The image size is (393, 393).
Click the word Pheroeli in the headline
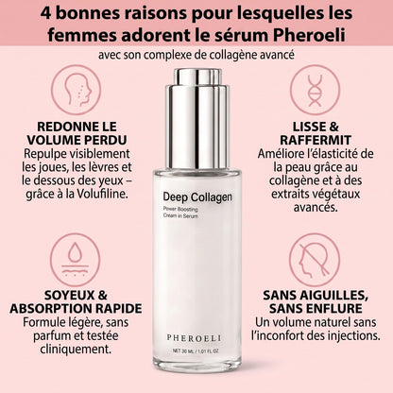(x=309, y=35)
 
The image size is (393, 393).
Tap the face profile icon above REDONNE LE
(x=77, y=90)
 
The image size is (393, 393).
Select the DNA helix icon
(x=315, y=90)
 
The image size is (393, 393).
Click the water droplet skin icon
(x=76, y=260)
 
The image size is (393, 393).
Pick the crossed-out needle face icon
(x=315, y=260)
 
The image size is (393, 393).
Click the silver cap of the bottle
(x=196, y=118)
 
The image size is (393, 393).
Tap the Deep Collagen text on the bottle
(x=197, y=197)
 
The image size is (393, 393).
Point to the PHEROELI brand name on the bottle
(x=194, y=338)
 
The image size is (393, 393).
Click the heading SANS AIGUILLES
(x=316, y=296)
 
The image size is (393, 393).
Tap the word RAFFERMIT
(x=316, y=140)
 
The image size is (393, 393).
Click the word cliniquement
(x=76, y=350)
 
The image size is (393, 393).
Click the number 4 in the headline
(x=45, y=13)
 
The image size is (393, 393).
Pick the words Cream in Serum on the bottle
(x=180, y=216)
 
